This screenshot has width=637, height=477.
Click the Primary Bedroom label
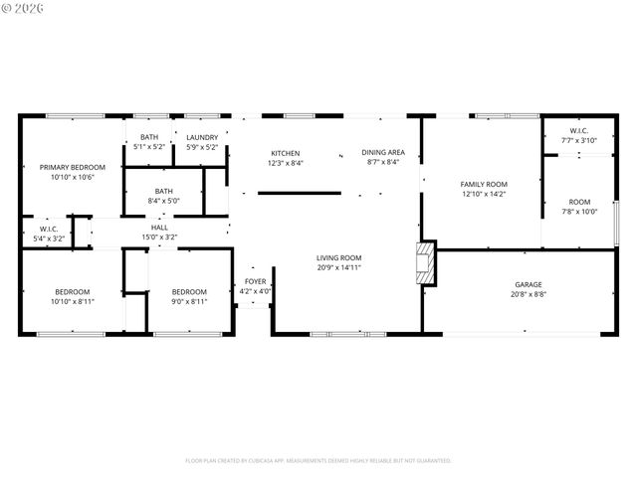point(72,167)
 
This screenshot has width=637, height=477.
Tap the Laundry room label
point(202,137)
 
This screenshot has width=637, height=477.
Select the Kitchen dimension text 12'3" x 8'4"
point(286,163)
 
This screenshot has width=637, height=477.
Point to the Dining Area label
point(382,152)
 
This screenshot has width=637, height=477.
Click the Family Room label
point(484,184)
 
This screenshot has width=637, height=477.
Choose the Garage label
point(528,284)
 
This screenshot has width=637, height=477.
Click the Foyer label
point(256,281)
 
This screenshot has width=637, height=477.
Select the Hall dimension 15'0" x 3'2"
point(159,238)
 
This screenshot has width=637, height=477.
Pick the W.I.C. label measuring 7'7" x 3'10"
point(578,131)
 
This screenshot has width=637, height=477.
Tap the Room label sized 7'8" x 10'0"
point(578,201)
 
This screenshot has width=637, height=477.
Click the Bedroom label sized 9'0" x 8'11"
point(189,291)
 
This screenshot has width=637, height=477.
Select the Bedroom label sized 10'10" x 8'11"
point(74,291)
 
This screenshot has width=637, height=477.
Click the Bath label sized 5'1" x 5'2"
point(148,137)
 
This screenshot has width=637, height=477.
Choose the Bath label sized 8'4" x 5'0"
point(164,191)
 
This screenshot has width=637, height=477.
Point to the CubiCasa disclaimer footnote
point(318,460)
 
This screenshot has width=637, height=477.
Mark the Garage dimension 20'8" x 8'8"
point(528,294)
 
